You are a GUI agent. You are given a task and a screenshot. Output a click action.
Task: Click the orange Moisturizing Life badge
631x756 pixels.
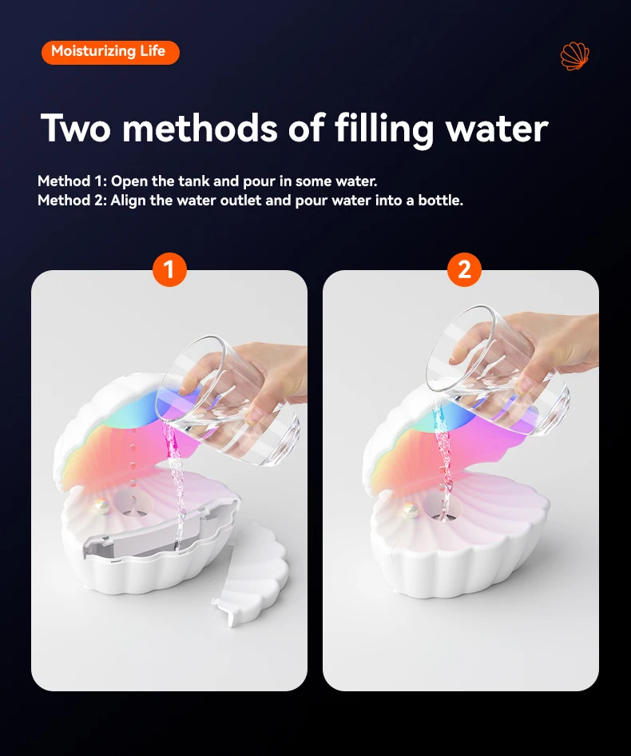(x=109, y=52)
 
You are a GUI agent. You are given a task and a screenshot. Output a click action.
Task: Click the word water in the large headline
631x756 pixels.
(x=497, y=128)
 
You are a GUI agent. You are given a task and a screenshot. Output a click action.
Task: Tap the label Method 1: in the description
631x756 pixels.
(x=71, y=181)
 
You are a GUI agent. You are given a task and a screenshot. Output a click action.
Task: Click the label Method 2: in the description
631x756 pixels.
(x=72, y=200)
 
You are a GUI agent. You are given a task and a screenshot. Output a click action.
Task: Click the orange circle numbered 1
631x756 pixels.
(x=169, y=270)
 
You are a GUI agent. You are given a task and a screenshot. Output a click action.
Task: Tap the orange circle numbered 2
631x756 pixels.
(x=464, y=270)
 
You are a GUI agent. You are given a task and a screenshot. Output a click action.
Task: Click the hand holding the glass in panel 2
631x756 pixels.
(x=551, y=340)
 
